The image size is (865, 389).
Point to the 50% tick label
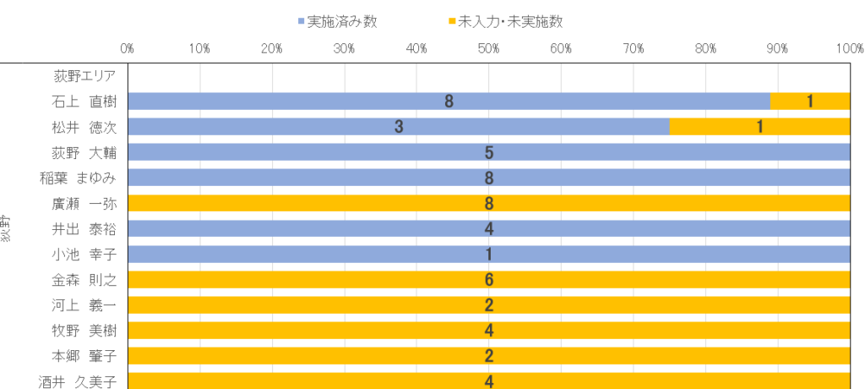(489, 49)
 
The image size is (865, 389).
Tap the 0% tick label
(128, 49)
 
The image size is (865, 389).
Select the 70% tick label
(634, 49)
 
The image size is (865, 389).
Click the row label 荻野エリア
(84, 77)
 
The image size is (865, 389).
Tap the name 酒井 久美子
(78, 381)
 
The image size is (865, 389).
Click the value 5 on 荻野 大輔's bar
(489, 153)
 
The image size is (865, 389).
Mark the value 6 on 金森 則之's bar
(489, 280)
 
